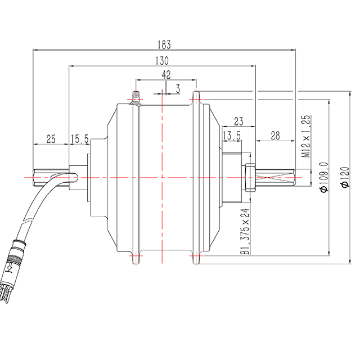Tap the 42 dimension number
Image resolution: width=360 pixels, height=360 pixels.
click(166, 74)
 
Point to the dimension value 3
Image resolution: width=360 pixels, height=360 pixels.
click(178, 88)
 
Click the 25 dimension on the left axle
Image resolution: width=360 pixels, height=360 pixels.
click(51, 138)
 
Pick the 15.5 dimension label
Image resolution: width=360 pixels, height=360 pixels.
click(79, 138)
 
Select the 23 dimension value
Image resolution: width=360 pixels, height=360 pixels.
click(238, 120)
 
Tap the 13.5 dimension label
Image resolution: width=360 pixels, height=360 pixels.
click(232, 136)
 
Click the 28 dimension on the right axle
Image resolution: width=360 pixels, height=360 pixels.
click(275, 136)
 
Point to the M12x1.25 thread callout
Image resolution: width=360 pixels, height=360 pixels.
click(306, 136)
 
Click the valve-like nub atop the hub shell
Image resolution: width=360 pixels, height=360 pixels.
click(135, 98)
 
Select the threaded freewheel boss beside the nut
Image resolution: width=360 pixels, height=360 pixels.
click(233, 177)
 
